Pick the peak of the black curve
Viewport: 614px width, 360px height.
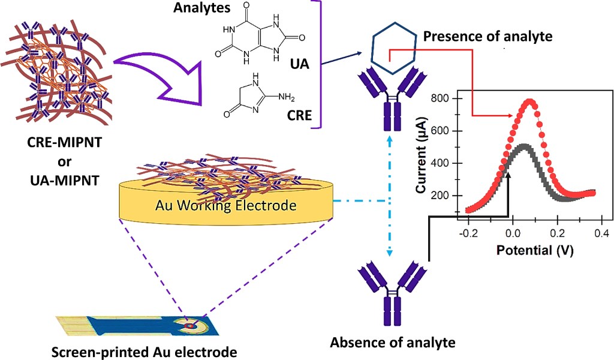(x=524, y=146)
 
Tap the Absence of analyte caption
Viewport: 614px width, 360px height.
(x=392, y=343)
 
